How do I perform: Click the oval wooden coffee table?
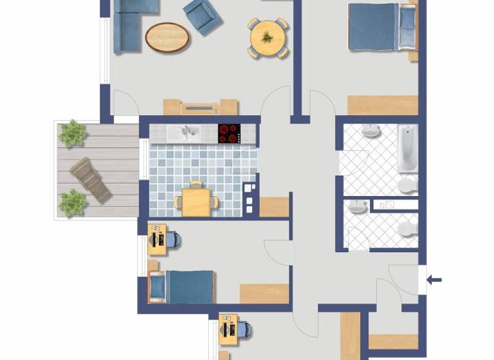[x=168, y=37]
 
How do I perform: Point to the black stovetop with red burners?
[x=229, y=133]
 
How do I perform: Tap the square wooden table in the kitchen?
[x=197, y=201]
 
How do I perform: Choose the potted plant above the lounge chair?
[x=73, y=133]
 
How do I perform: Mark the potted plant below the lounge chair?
[x=73, y=202]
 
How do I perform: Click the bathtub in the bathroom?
[x=407, y=148]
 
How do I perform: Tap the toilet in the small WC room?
[x=407, y=230]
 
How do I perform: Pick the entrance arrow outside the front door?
[x=435, y=280]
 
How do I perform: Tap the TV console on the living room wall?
[x=200, y=107]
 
